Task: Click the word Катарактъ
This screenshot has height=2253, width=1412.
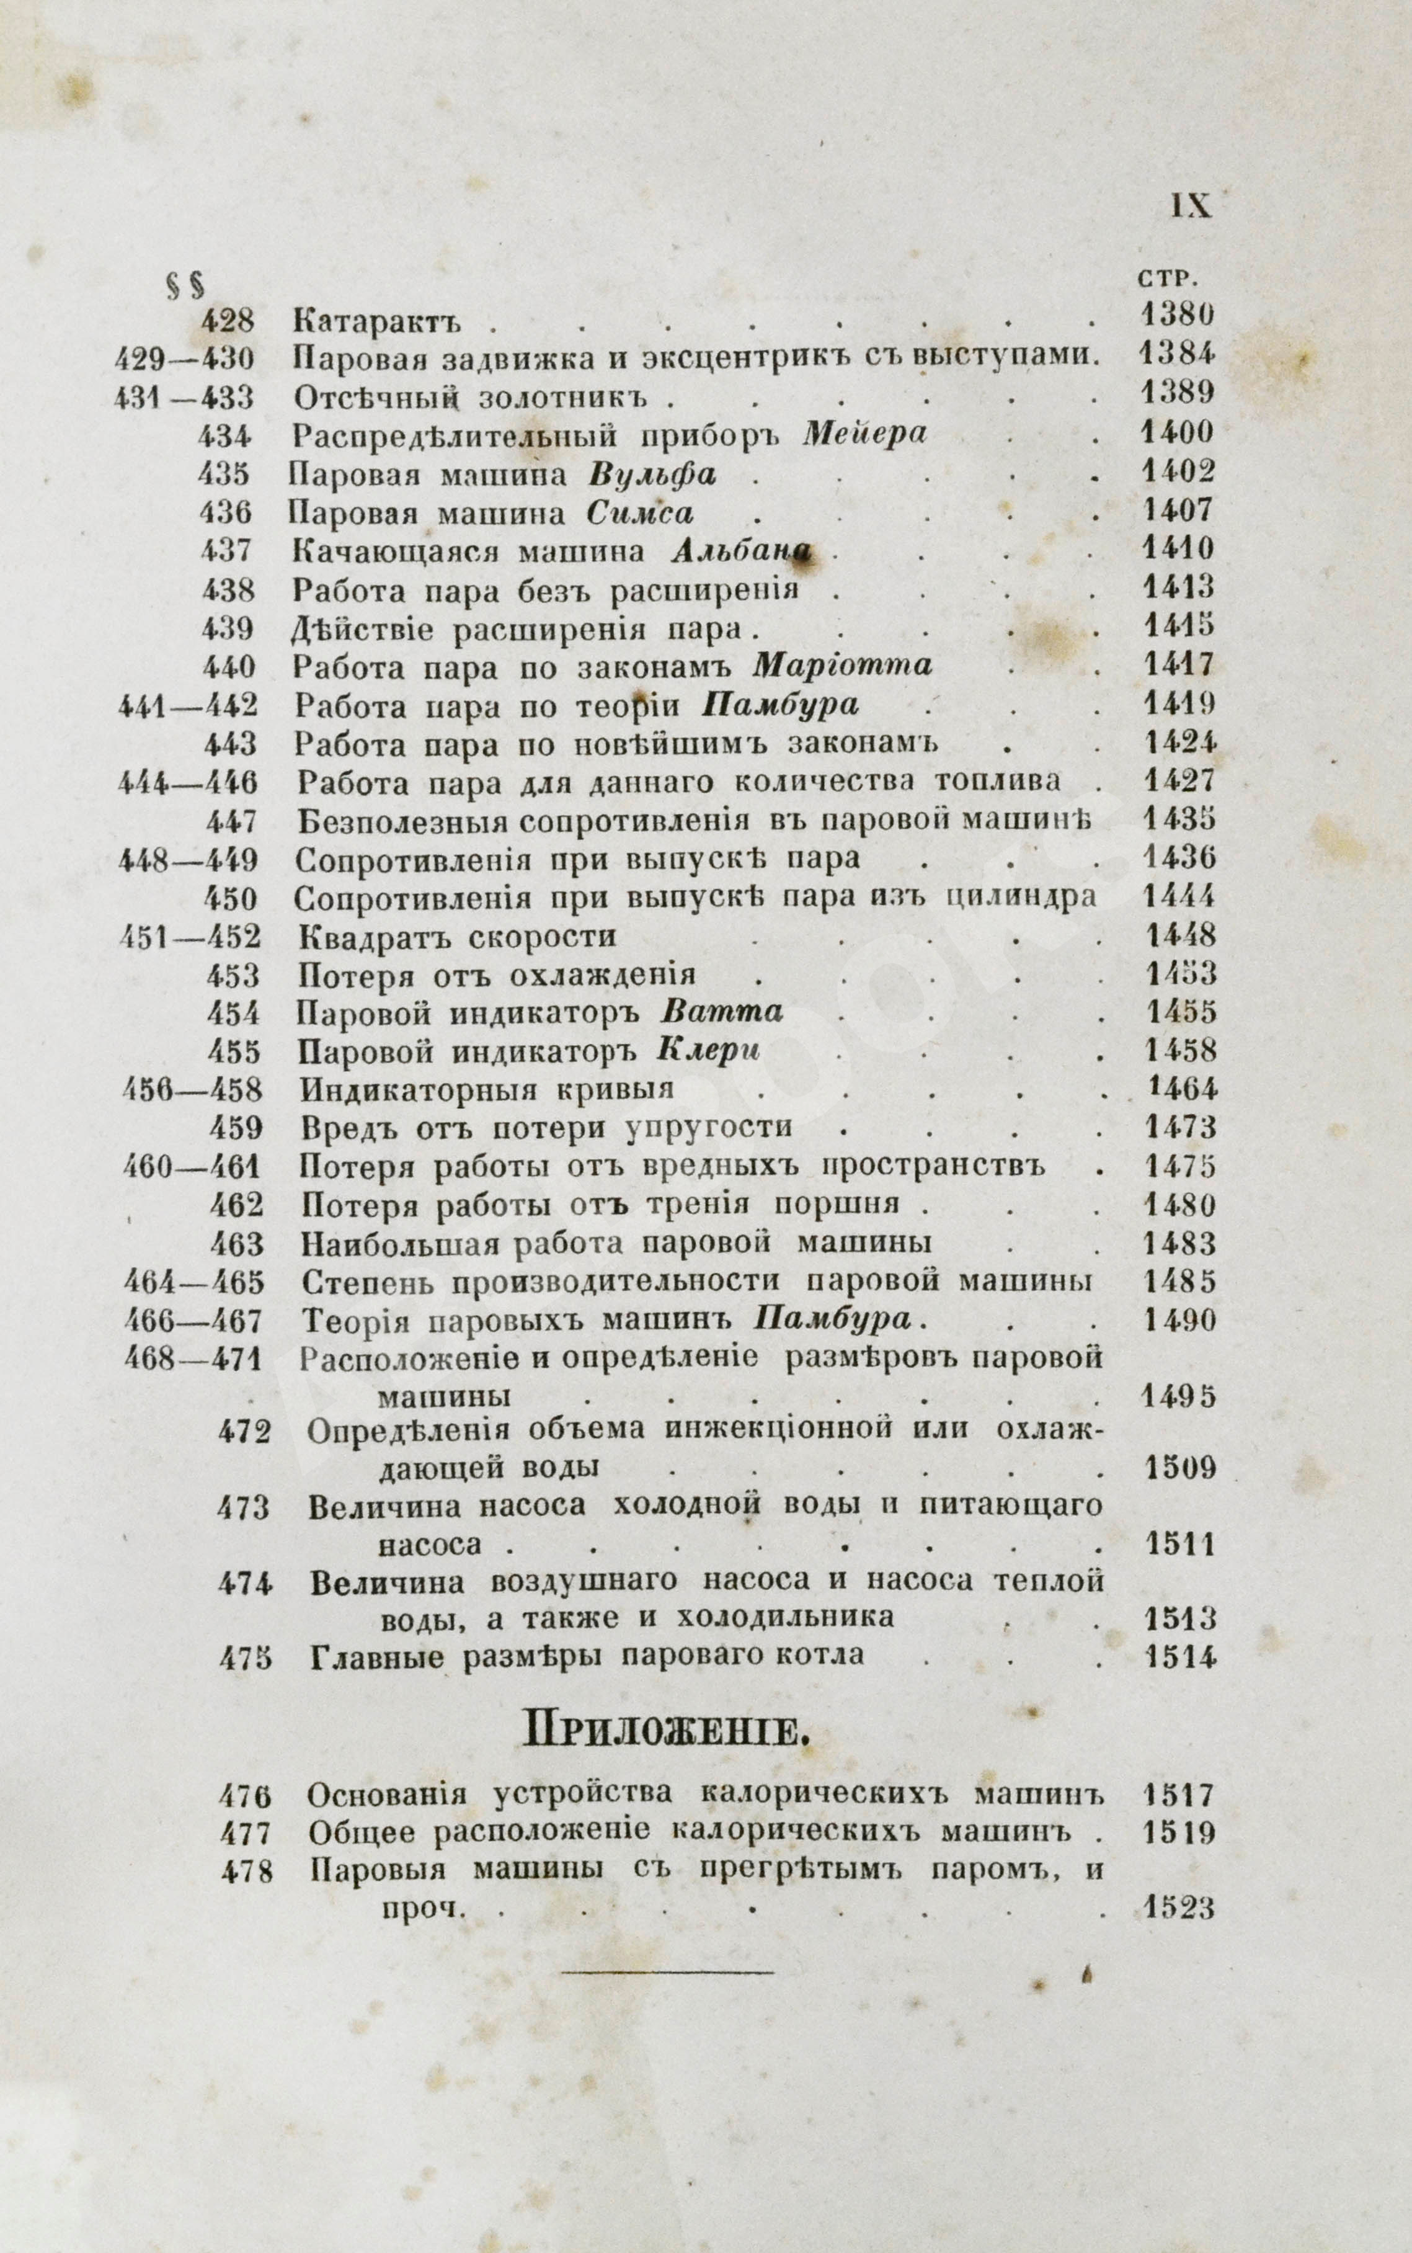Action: pyautogui.click(x=378, y=323)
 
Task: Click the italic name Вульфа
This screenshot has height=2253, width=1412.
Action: pyautogui.click(x=653, y=475)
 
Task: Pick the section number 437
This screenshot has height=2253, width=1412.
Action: pyautogui.click(x=225, y=551)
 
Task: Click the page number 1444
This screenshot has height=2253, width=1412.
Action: pyautogui.click(x=1179, y=897)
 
